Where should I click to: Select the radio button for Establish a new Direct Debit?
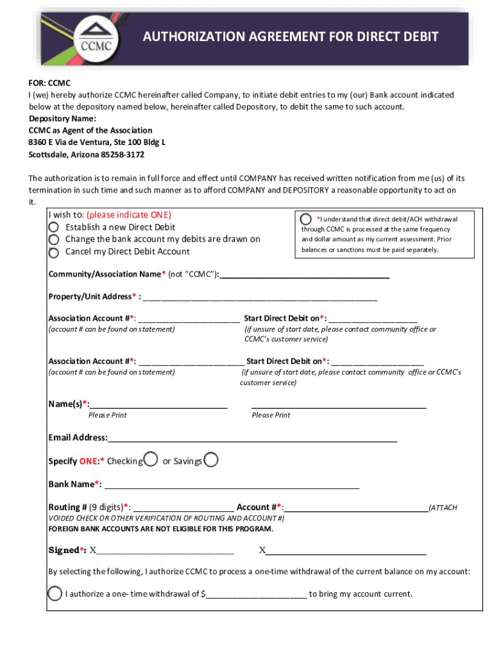pos(55,227)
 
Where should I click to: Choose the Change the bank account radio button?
pos(55,239)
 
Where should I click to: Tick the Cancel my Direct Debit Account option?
pos(55,252)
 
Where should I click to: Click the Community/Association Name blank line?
pos(304,275)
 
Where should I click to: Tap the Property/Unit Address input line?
pos(260,297)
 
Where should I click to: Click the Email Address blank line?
pos(253,438)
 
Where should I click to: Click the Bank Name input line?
pos(232,484)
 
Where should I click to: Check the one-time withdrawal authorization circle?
pos(55,593)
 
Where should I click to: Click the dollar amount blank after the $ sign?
pos(256,594)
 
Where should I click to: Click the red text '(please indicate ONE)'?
pos(129,215)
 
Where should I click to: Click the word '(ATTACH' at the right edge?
pos(443,508)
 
